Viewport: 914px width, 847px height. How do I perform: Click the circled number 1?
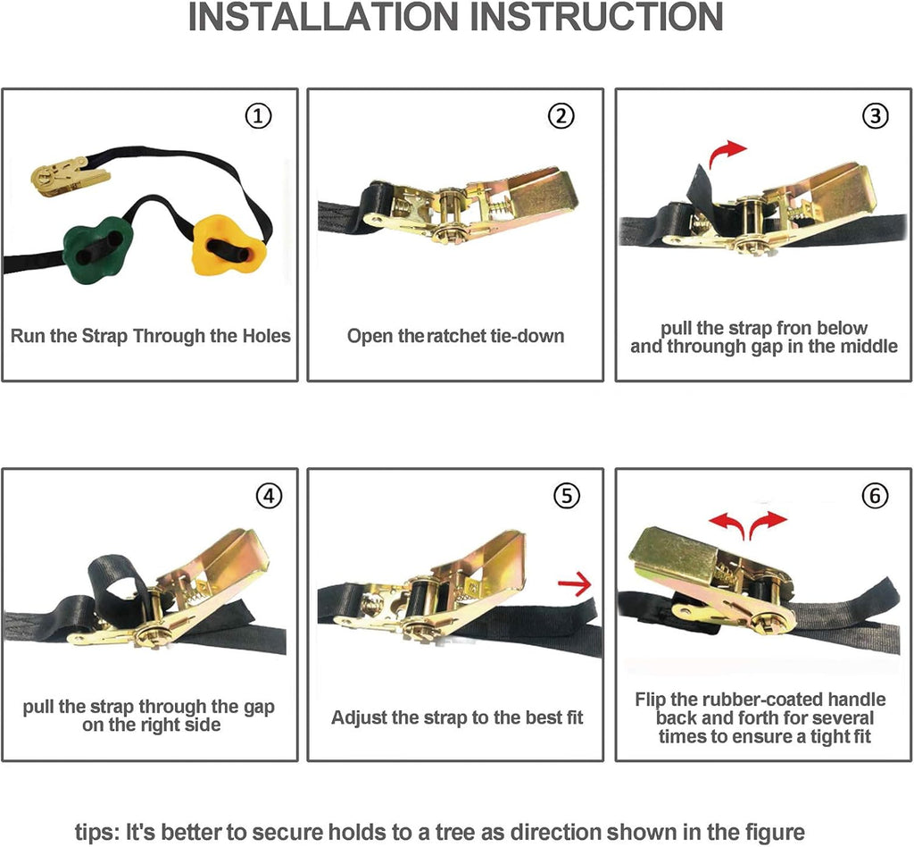point(258,115)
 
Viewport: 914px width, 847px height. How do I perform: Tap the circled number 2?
point(561,115)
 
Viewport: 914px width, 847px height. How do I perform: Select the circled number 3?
point(875,115)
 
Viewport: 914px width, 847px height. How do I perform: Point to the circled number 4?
point(269,496)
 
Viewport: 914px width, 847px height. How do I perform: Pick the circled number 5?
point(567,496)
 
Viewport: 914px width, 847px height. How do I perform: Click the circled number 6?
point(875,496)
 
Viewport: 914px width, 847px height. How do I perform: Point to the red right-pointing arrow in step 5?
point(575,584)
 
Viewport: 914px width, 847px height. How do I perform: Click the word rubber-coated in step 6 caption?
point(764,700)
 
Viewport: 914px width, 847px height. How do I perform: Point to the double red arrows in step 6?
point(748,524)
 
